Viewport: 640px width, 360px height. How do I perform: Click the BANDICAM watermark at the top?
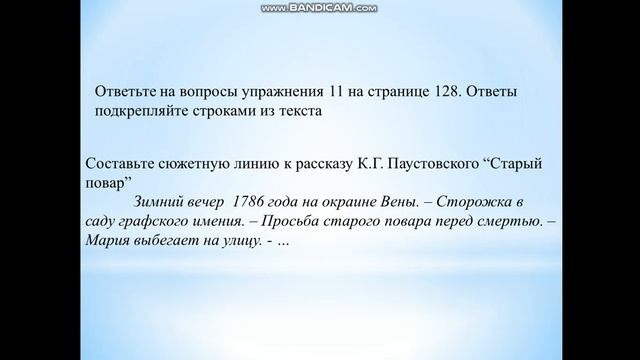320,8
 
